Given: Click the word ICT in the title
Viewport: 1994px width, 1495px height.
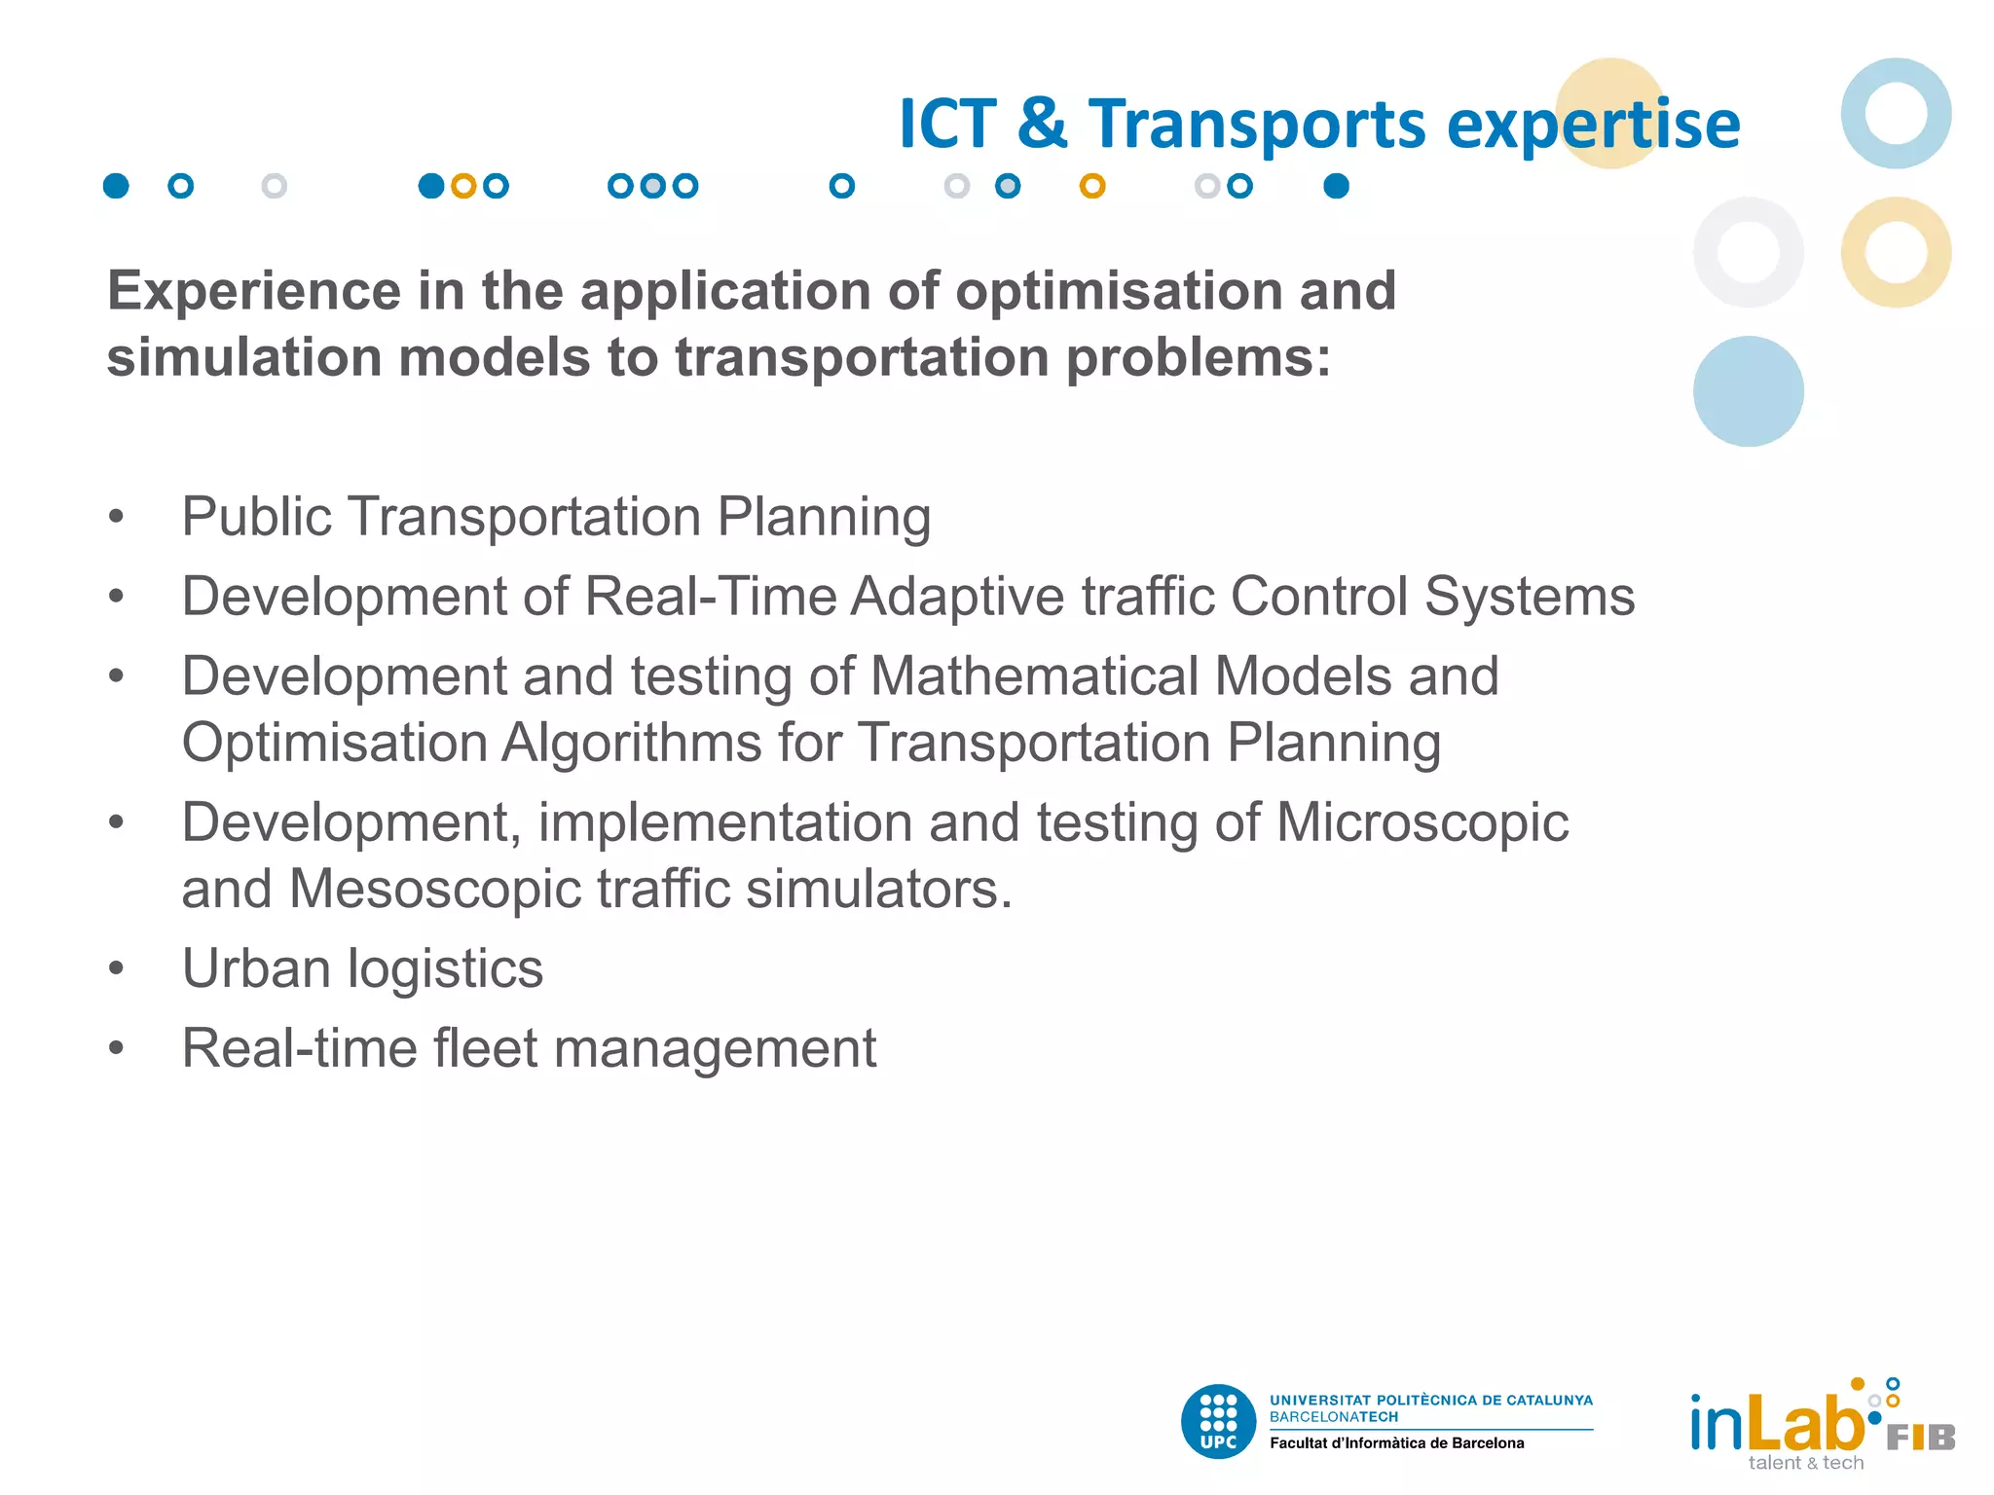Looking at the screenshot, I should [947, 125].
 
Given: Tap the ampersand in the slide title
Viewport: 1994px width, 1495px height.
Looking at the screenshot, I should [1042, 125].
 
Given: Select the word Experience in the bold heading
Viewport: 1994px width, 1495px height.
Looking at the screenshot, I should [254, 291].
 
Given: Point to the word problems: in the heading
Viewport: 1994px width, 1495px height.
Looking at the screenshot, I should [1198, 358].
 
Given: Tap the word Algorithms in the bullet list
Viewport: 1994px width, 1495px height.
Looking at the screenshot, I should [631, 744].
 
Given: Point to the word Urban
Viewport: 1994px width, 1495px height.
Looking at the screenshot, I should [256, 968].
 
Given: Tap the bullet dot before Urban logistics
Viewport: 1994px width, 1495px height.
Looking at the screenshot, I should [117, 968].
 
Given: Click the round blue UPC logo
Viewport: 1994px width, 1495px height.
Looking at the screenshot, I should [1218, 1422].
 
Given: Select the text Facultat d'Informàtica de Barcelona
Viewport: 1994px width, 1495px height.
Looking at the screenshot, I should [1396, 1443].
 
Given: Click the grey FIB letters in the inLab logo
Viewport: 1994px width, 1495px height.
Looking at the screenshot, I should [1920, 1438].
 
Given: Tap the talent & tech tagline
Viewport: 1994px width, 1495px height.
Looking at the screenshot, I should [1805, 1463].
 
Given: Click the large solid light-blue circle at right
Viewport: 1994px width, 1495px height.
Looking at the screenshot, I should [1748, 391].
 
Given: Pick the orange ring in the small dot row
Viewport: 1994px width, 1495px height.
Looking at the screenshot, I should [1092, 186].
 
